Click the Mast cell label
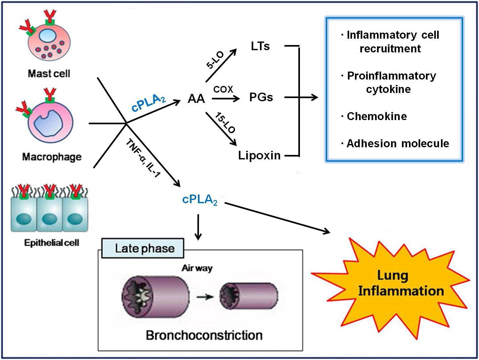coord(49,73)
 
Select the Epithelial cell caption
coord(51,243)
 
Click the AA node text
coord(196,99)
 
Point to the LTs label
coord(260,46)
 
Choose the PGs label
coord(261,97)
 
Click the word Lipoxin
coord(259,155)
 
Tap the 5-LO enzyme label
coord(215,60)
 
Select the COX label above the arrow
coord(223,89)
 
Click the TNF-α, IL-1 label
coord(143,158)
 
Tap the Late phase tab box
coord(143,248)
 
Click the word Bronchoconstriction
coord(204,335)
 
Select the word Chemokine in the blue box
coord(377,116)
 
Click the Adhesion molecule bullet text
coord(398,143)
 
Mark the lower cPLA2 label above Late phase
coord(200,200)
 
